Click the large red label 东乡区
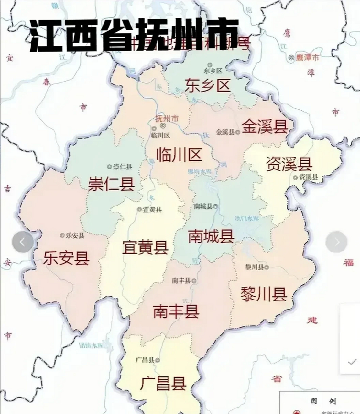pos(207,85)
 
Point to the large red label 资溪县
pos(289,164)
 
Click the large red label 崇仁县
pos(111,184)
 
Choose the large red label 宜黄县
pos(145,247)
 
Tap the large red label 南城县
pos(211,236)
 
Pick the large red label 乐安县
pos(66,258)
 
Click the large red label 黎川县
pos(264,294)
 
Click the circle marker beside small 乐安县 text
pos(62,235)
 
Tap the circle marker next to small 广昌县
pos(158,360)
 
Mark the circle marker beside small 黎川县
pos(267,267)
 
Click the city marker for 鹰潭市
pos(291,58)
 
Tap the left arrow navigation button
pos(23,242)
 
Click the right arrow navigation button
pos(336,242)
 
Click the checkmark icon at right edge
pos(352,362)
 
